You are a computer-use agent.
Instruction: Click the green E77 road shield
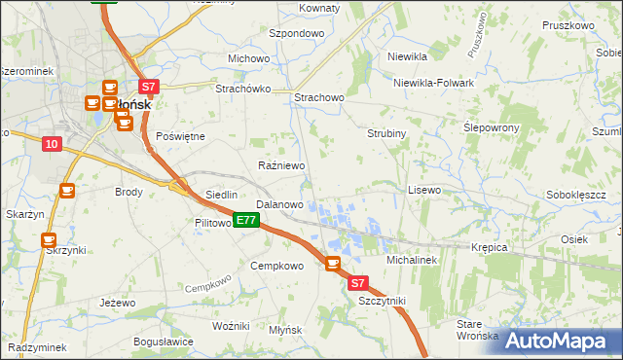[x=245, y=221]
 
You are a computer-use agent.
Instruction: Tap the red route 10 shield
[x=52, y=144]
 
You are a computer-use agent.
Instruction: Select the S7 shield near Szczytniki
[x=357, y=283]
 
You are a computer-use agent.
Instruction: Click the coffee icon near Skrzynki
[x=48, y=238]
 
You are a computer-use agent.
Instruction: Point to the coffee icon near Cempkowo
[x=332, y=263]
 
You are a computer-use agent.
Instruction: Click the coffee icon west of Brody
[x=67, y=191]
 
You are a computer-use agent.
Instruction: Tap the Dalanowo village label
[x=279, y=205]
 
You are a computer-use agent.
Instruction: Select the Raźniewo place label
[x=281, y=166]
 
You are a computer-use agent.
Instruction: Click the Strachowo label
[x=319, y=97]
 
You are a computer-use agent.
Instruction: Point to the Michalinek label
[x=414, y=261]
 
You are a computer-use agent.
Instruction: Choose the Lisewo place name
[x=424, y=190]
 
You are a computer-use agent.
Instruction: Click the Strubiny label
[x=386, y=132]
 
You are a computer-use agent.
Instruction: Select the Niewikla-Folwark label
[x=433, y=83]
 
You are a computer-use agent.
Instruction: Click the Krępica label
[x=491, y=247]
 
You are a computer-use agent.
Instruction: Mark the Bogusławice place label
[x=164, y=342]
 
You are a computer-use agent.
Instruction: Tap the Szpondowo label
[x=296, y=33]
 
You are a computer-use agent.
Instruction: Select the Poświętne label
[x=180, y=136]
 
